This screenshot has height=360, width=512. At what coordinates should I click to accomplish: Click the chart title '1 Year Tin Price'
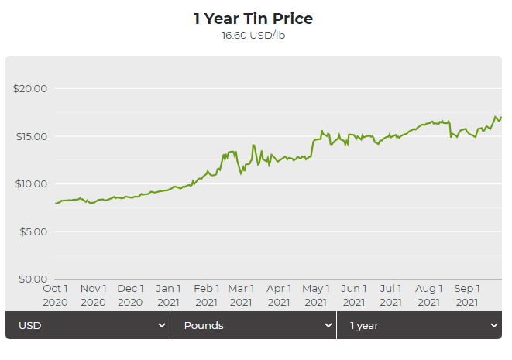tap(253, 19)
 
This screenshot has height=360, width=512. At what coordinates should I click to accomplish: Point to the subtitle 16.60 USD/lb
tap(253, 35)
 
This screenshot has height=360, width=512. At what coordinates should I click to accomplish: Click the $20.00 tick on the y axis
tap(30, 88)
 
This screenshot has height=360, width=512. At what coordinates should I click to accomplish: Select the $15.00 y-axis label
tap(30, 136)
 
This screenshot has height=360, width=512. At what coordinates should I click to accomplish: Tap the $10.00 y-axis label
tap(30, 183)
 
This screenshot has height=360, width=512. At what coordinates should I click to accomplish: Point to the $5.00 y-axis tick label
tap(33, 231)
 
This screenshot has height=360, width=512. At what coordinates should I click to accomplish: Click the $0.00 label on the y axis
tap(33, 279)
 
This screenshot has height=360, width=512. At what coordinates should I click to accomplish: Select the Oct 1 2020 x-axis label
tap(55, 295)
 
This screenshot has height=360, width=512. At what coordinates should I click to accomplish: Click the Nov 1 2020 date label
tap(93, 295)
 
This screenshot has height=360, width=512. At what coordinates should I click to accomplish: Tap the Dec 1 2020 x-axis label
tap(130, 295)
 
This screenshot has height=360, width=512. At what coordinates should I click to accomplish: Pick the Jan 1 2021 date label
tap(168, 295)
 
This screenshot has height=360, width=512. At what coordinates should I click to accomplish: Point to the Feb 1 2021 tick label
tap(206, 295)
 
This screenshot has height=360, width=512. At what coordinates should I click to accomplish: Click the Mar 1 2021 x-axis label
tap(241, 295)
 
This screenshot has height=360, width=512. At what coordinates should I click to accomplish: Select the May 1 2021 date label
tap(316, 295)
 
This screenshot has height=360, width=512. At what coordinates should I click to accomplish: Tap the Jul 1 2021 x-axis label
tap(391, 295)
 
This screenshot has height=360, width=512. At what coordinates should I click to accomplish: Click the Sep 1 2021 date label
tap(467, 295)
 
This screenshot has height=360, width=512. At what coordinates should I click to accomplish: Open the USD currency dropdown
tap(88, 325)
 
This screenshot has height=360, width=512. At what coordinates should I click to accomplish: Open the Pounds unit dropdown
tap(253, 325)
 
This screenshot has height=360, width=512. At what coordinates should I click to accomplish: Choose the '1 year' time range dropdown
tap(419, 325)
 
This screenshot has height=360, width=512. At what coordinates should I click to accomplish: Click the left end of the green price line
tap(56, 204)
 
